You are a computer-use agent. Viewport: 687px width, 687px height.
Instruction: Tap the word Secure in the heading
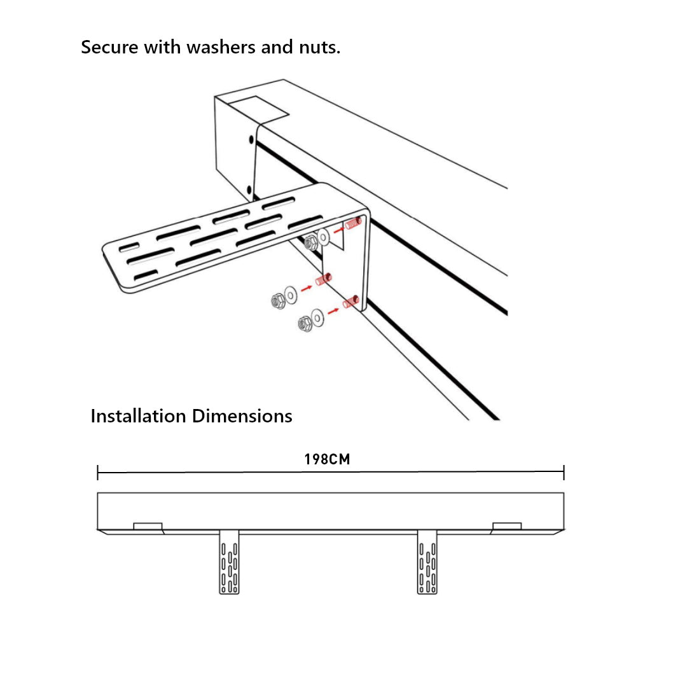tap(110, 47)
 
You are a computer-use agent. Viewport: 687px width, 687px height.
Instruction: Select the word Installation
tap(139, 416)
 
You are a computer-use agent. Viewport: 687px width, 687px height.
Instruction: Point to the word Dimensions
tap(242, 416)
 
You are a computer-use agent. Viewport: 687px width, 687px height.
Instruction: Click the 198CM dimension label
tap(327, 459)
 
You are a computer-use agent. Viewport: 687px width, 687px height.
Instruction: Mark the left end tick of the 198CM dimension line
tap(98, 473)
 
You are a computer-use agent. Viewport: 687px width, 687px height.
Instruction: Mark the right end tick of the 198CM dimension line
tap(564, 473)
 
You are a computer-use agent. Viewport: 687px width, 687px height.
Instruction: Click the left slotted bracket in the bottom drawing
tap(229, 562)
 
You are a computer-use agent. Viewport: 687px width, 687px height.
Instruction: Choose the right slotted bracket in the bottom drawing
tap(427, 562)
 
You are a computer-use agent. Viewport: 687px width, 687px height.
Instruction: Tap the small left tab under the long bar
tap(148, 526)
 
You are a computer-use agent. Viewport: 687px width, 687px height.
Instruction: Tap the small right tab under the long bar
tap(507, 526)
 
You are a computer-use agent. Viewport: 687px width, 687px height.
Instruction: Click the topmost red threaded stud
tap(354, 223)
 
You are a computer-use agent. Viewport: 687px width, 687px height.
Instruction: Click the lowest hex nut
tap(305, 324)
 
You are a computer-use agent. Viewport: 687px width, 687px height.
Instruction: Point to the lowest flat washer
tap(317, 316)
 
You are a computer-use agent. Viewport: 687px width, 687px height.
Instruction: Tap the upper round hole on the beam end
tap(251, 139)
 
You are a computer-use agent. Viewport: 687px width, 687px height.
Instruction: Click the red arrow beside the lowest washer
tap(333, 311)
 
